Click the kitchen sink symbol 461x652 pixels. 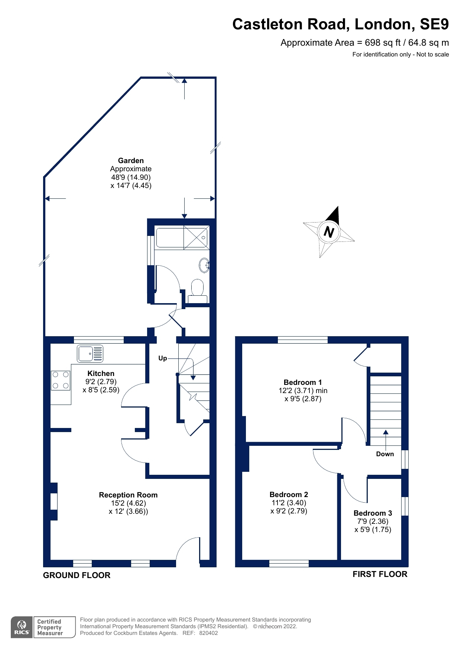(x=90, y=353)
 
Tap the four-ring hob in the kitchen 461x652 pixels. (x=61, y=380)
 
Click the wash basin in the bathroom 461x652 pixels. (x=204, y=265)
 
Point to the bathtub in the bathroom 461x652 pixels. (x=182, y=238)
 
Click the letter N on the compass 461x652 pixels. (x=329, y=232)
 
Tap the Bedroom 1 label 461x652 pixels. (x=303, y=382)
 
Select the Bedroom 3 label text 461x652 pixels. (x=373, y=513)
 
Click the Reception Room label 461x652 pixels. (x=128, y=495)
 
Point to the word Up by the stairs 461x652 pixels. (x=163, y=358)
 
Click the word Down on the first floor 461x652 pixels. (x=385, y=454)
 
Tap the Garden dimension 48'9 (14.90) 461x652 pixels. (x=131, y=177)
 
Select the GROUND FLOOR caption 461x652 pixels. (x=77, y=575)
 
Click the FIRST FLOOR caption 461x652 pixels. (x=380, y=574)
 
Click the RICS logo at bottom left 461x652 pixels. (x=22, y=627)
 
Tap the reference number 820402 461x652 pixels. (x=208, y=633)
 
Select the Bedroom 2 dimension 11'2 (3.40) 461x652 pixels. (x=289, y=503)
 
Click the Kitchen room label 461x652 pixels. (x=101, y=373)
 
